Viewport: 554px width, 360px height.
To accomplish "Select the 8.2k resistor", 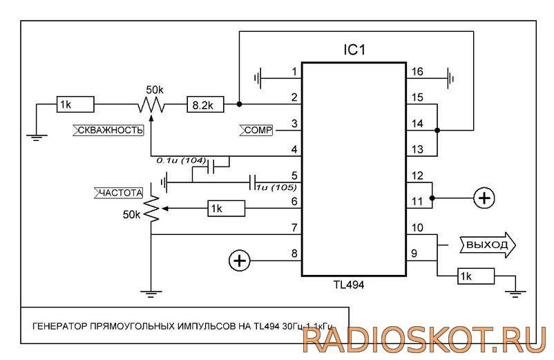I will click(x=204, y=105).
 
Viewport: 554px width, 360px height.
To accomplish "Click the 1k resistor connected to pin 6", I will click(x=225, y=208).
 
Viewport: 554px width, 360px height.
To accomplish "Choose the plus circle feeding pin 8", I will click(x=239, y=260).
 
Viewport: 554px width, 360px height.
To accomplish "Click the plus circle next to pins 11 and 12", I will click(x=484, y=198).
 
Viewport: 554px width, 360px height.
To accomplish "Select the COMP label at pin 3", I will click(x=258, y=129).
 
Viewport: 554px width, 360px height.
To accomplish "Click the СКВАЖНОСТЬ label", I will click(x=109, y=129).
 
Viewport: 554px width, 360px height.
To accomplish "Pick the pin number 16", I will click(x=417, y=72).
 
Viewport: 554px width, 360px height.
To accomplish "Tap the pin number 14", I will click(x=417, y=124).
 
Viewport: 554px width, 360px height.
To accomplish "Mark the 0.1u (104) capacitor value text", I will click(x=181, y=160).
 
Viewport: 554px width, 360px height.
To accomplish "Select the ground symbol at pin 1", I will click(x=259, y=77).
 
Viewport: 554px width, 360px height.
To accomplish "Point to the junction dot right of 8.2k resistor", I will click(x=238, y=105).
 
